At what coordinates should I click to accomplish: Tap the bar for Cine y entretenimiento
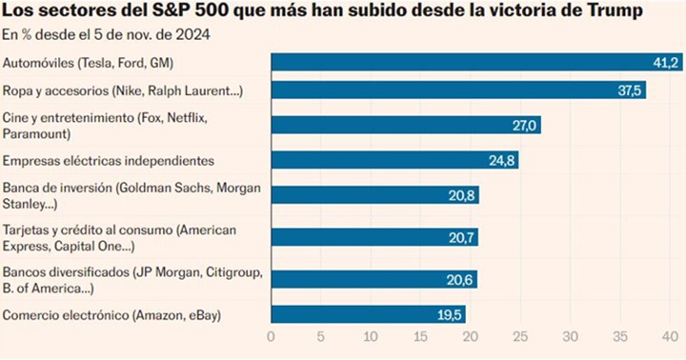[406, 125]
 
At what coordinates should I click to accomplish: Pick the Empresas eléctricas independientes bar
[394, 160]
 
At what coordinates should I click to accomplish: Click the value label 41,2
[664, 63]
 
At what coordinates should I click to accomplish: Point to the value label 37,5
[630, 90]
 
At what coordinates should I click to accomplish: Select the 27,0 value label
[525, 125]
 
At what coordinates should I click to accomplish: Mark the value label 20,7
[462, 236]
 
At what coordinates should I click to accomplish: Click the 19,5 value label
[450, 314]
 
